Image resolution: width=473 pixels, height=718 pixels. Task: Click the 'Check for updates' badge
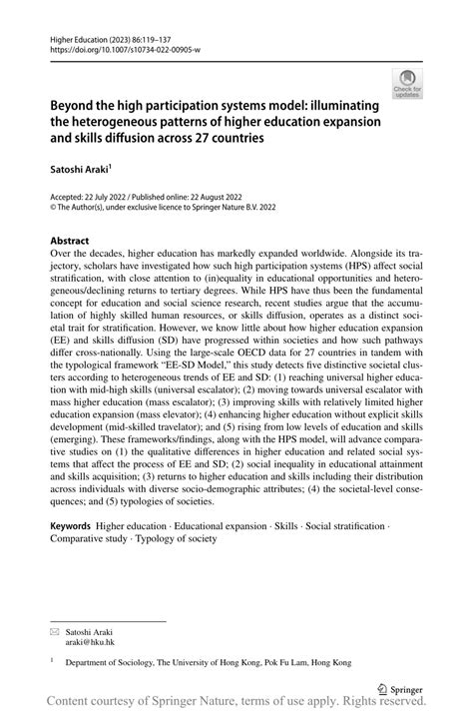407,83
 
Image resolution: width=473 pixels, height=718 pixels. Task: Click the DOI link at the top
111,49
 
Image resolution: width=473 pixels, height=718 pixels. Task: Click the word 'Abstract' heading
69,240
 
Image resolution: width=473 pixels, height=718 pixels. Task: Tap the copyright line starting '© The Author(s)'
150,209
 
